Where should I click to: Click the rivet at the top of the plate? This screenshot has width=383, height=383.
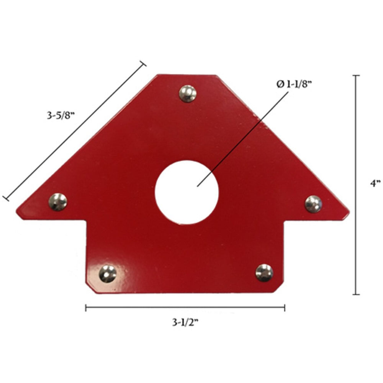coord(188,93)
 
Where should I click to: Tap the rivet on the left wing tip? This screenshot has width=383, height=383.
coord(58,202)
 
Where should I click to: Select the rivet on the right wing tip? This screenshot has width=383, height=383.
coord(313,204)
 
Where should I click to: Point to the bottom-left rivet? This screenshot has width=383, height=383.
coord(108,274)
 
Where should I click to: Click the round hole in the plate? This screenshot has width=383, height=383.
coord(187,192)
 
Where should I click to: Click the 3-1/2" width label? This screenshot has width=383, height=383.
coord(185,323)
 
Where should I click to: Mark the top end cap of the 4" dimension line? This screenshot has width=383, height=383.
coord(356,76)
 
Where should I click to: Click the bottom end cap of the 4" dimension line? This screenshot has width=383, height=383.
coord(356,294)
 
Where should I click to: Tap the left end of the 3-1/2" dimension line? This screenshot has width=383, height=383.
coord(86,308)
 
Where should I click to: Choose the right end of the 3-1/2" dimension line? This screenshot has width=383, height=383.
coord(284,308)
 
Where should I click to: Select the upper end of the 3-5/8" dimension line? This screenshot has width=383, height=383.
coord(143,64)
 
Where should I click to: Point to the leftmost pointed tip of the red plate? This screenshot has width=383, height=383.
coord(17,213)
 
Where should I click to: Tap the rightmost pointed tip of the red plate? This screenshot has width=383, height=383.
coord(349,212)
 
